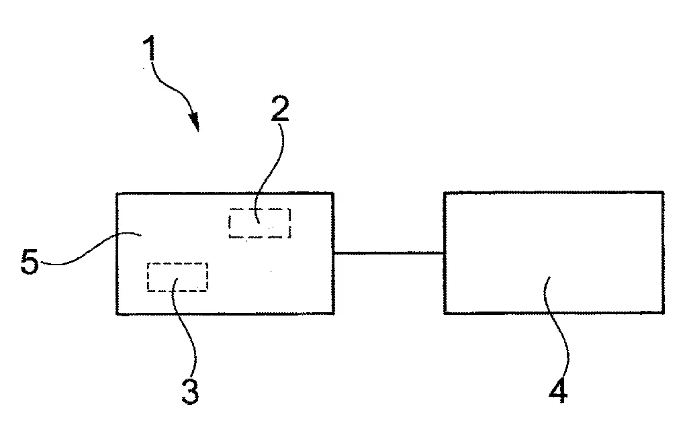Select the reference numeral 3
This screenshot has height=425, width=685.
coord(190,389)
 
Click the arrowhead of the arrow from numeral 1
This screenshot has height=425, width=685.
coord(195,123)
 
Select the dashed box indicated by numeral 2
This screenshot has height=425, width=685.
coord(260,223)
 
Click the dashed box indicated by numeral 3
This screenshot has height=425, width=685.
coord(177,277)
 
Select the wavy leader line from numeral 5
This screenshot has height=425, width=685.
coord(87,252)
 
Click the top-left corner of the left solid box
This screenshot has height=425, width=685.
coord(117,193)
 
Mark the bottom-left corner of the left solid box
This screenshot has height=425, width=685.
coord(117,314)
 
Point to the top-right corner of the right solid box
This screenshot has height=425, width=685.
coord(663,193)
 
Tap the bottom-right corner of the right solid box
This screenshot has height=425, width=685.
coord(665,313)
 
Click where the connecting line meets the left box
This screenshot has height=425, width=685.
coord(334,253)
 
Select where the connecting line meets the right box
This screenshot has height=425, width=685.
coord(444,253)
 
